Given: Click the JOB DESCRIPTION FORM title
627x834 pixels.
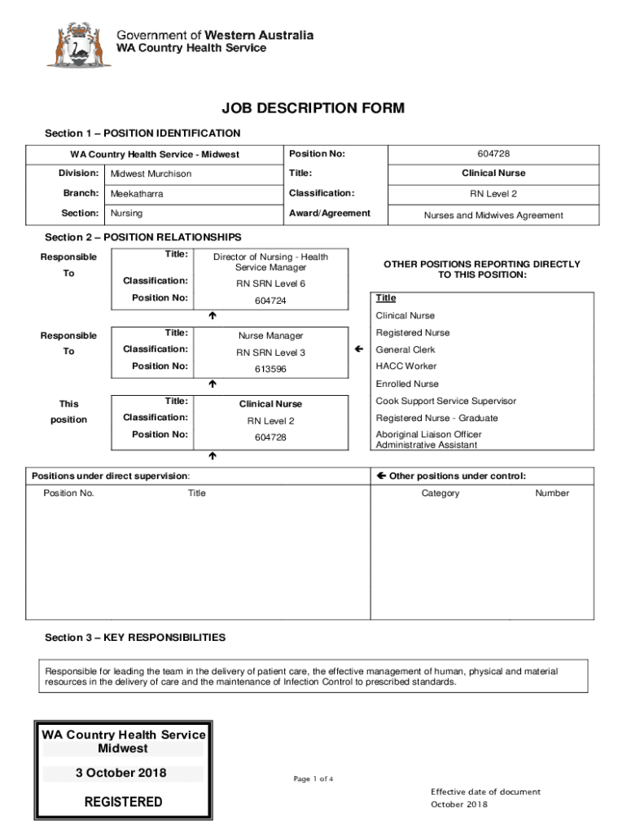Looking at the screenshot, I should point(313,108).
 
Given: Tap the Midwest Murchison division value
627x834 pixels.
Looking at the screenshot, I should point(151,173).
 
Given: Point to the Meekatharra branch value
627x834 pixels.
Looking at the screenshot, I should point(142,194).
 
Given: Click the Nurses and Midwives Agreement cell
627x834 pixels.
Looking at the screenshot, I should point(493,215).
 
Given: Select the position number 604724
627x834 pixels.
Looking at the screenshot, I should point(271,301).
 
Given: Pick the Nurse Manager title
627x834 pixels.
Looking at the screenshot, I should point(271,336).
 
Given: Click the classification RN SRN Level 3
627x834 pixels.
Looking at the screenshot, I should point(271,353).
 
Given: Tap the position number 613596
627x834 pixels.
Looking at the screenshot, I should point(271,370).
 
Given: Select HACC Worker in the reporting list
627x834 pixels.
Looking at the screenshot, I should point(406,367).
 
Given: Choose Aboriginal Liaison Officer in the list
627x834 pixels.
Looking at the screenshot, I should point(428,435).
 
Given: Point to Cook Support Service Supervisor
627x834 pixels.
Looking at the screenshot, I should point(445,401).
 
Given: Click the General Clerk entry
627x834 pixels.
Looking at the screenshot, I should point(406,349).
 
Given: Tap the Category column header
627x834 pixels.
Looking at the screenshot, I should point(441,493).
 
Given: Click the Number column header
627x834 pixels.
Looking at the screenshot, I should point(552,493).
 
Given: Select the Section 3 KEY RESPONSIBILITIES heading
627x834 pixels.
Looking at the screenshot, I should point(135,637).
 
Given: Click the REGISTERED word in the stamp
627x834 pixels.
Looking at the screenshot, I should point(123,802).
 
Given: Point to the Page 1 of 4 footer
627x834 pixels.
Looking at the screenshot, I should point(313,779).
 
